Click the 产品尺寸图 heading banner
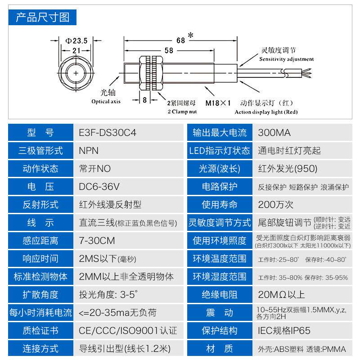pos(43,18)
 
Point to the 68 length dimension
pos(180,40)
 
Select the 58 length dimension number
pos(169,50)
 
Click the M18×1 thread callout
pos(218,103)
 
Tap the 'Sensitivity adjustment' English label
pos(287,59)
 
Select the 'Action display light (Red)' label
pos(266,112)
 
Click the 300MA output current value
pos(274,133)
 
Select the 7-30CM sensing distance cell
pos(97,241)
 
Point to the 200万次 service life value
pos(276,205)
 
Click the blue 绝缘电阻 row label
pos(220,295)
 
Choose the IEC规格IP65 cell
pos(284,331)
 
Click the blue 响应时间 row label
pos(40,259)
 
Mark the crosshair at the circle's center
pos(76,72)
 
